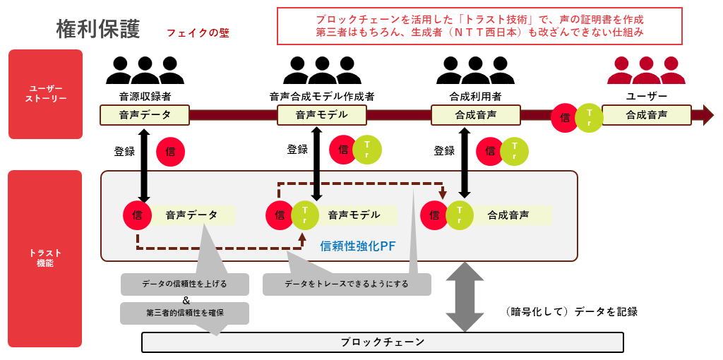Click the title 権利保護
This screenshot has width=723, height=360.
[x=98, y=29]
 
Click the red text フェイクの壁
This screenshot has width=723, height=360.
[x=198, y=33]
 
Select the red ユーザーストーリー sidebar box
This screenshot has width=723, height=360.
[x=45, y=94]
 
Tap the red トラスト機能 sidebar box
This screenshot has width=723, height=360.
[x=45, y=258]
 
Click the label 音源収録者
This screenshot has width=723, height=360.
[x=145, y=96]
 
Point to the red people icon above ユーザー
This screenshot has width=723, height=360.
[x=646, y=71]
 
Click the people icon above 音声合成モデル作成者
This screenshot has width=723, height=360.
[x=322, y=71]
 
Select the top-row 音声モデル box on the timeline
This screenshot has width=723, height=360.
[x=322, y=114]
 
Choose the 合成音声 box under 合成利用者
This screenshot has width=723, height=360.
[x=475, y=114]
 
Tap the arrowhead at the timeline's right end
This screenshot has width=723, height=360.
[x=707, y=114]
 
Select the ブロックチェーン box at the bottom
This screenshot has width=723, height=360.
[x=383, y=342]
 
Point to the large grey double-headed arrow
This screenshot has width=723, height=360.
[x=465, y=297]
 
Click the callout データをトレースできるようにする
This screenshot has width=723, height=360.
[x=347, y=284]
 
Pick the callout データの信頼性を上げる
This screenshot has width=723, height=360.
[x=184, y=284]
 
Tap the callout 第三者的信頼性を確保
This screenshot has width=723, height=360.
[x=184, y=313]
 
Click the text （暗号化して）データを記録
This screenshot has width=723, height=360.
[x=572, y=311]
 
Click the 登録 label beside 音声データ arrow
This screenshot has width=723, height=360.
[x=124, y=151]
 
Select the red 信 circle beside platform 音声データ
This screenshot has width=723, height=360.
[x=137, y=215]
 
